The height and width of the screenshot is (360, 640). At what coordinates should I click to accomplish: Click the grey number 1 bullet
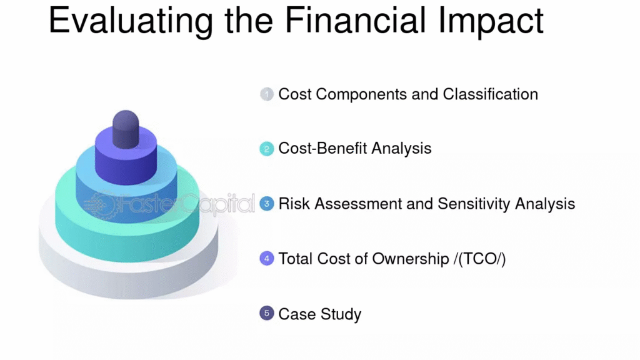tap(266, 94)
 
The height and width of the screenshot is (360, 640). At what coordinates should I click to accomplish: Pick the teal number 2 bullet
tap(266, 149)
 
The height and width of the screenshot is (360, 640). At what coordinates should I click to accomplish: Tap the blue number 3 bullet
tap(266, 204)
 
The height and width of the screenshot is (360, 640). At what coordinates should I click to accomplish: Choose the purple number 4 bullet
tap(266, 258)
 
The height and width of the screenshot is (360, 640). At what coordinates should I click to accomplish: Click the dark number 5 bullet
tap(266, 314)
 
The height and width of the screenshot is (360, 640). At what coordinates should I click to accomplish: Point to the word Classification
tap(490, 94)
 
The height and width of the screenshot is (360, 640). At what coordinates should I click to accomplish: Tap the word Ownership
tap(411, 259)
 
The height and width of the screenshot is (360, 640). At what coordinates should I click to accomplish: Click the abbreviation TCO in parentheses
tap(479, 259)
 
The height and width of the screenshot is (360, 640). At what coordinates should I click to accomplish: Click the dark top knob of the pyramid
tap(126, 129)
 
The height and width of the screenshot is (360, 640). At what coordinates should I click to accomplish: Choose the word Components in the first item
tap(361, 95)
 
